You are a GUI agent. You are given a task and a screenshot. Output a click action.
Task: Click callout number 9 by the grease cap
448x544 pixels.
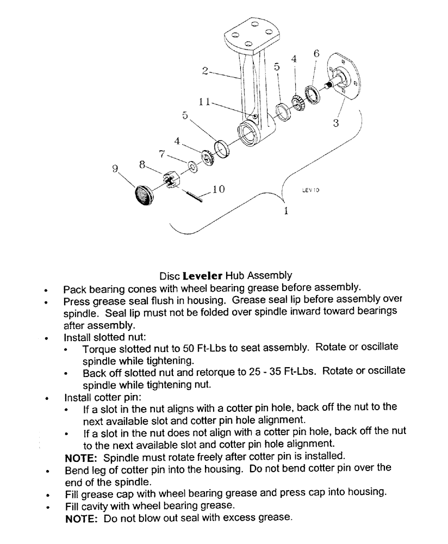115,169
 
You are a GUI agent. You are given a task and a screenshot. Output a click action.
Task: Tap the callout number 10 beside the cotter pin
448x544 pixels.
217,189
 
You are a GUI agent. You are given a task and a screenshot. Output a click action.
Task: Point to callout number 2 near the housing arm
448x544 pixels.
205,70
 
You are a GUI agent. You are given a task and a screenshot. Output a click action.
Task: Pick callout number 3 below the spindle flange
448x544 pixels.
336,123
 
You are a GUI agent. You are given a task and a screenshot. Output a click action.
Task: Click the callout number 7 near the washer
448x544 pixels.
161,154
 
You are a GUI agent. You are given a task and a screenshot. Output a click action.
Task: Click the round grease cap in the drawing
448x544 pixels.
144,194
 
